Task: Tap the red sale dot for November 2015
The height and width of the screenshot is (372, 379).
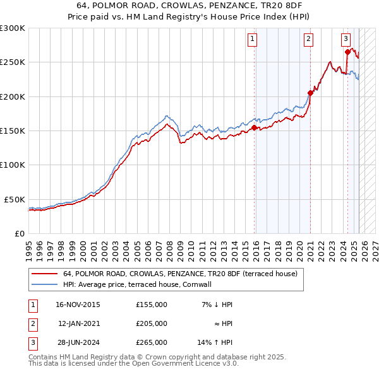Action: tap(254, 127)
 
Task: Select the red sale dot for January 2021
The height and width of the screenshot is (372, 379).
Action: tap(310, 93)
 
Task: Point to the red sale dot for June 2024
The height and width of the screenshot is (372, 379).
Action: tap(347, 52)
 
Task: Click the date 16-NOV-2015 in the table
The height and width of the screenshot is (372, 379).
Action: tap(78, 305)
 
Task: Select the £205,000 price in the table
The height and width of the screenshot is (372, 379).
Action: tap(152, 323)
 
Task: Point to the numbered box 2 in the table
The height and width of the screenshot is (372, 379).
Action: tap(32, 323)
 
